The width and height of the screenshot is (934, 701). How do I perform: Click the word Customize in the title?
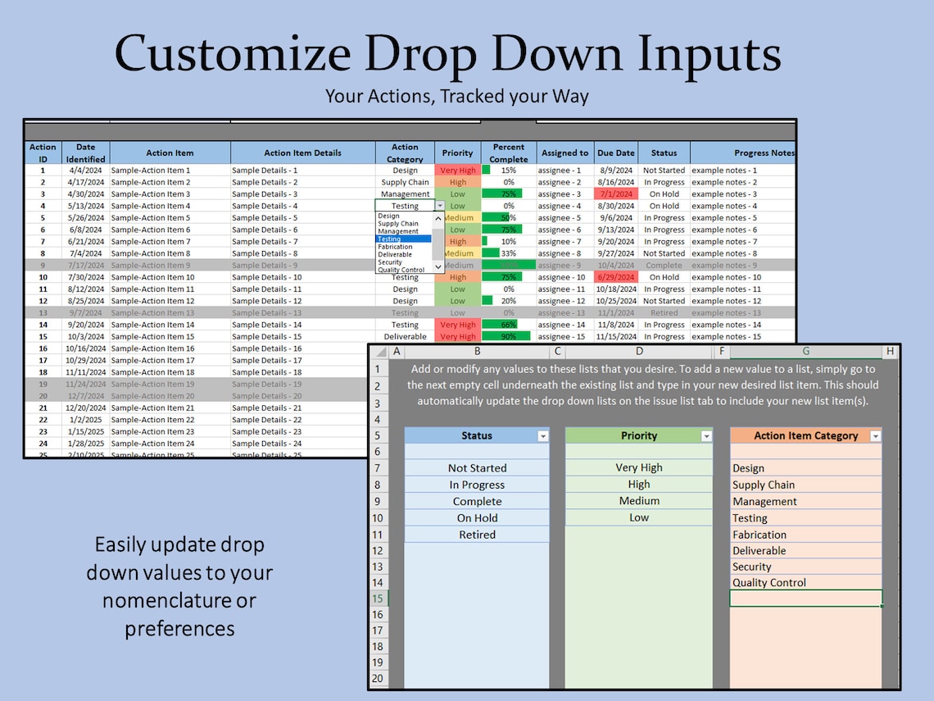pyautogui.click(x=233, y=56)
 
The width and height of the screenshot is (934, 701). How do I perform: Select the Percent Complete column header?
pyautogui.click(x=509, y=152)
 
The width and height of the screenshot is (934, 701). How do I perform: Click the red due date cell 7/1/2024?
pyautogui.click(x=615, y=194)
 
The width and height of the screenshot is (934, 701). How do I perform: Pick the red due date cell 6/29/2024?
pyautogui.click(x=615, y=277)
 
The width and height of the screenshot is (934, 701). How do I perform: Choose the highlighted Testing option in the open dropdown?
pyautogui.click(x=403, y=239)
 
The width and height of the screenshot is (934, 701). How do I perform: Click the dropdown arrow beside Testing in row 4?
pyautogui.click(x=440, y=207)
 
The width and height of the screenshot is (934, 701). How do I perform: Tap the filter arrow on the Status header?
pyautogui.click(x=542, y=436)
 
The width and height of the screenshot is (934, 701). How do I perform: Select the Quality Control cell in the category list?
pyautogui.click(x=769, y=583)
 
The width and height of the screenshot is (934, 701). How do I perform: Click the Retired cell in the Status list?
pyautogui.click(x=477, y=535)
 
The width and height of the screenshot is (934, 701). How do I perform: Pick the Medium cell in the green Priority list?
pyautogui.click(x=639, y=501)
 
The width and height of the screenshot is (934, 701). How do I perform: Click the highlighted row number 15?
pyautogui.click(x=377, y=599)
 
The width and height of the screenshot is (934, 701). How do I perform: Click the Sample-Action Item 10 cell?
pyautogui.click(x=152, y=277)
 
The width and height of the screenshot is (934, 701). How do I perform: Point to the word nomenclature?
pyautogui.click(x=179, y=600)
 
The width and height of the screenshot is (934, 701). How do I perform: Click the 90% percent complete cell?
pyautogui.click(x=508, y=336)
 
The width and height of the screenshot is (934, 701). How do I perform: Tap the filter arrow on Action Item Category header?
pyautogui.click(x=875, y=436)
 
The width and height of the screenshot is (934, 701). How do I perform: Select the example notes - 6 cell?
pyautogui.click(x=724, y=230)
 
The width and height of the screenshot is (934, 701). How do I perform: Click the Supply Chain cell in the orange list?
pyautogui.click(x=764, y=485)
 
